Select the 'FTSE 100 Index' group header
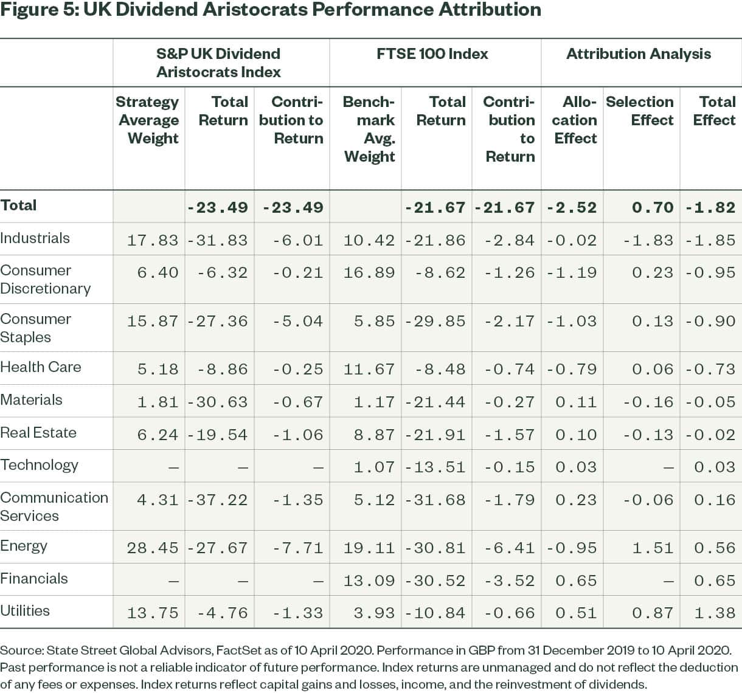[x=432, y=54]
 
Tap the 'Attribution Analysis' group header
[x=638, y=54]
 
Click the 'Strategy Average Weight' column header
[x=148, y=120]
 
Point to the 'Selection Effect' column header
[x=640, y=111]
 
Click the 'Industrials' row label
[x=35, y=238]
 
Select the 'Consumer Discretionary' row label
[x=46, y=279]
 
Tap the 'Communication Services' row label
[x=54, y=506]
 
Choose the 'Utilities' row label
[x=25, y=611]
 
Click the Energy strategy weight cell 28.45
[x=153, y=548]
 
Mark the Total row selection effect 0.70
[x=652, y=207]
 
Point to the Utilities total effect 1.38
[x=715, y=613]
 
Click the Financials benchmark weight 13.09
[x=369, y=581]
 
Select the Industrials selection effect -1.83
[x=648, y=240]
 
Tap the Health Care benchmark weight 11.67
[x=369, y=369]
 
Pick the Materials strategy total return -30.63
[x=218, y=402]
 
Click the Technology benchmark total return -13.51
[x=435, y=467]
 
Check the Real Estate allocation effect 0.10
[x=575, y=435]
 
